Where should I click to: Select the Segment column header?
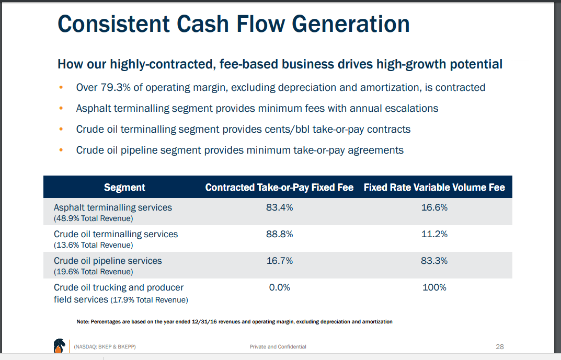pos(124,187)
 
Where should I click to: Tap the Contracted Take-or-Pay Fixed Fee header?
pos(279,187)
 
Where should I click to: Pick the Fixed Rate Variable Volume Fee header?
pos(434,187)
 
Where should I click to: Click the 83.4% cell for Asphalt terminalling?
pos(279,207)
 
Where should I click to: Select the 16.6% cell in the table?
pos(434,207)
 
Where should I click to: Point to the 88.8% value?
pos(279,234)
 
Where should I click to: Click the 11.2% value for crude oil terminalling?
pos(434,234)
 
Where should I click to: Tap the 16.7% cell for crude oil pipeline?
pos(279,261)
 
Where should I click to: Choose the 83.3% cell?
pos(434,261)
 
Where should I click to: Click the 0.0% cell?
pos(279,287)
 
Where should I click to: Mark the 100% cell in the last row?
pos(434,287)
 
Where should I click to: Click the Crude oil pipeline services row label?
pos(108,261)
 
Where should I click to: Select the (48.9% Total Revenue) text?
pos(93,218)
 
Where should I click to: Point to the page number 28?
pos(499,346)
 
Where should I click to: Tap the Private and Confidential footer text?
pos(278,347)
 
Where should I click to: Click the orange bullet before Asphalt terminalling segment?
pos(62,108)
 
